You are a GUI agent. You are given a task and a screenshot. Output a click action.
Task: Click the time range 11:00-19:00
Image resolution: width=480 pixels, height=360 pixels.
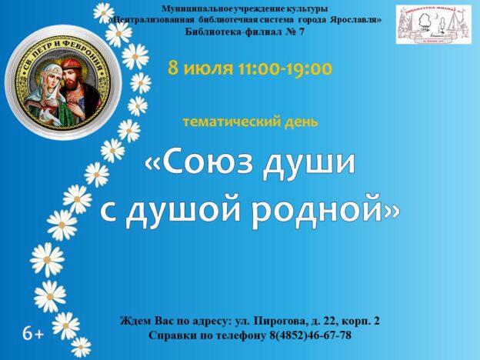287,68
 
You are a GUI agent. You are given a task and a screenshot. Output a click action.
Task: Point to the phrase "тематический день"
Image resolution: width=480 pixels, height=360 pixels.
250,122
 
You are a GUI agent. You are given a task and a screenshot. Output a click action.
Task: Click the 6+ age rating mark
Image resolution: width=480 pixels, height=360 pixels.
32,334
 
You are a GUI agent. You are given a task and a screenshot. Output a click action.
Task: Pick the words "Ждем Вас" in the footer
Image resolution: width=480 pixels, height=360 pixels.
146,320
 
